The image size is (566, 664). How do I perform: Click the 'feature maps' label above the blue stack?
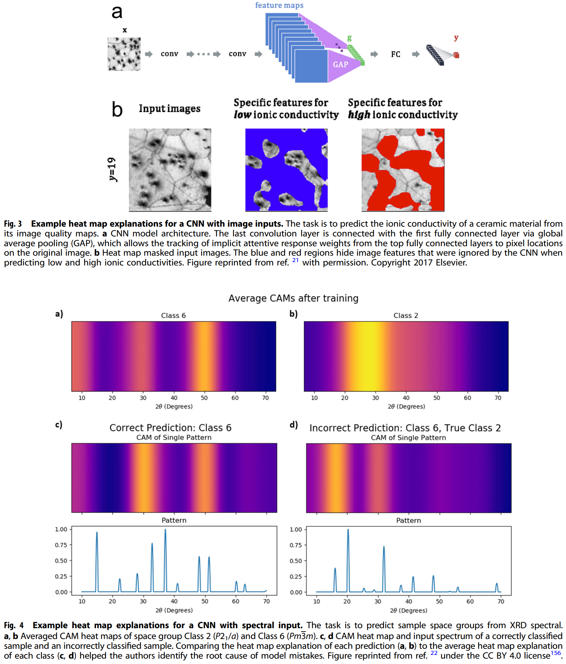tap(279, 5)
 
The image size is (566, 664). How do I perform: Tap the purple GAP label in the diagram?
tap(340, 65)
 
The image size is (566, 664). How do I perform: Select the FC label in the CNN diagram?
tap(395, 54)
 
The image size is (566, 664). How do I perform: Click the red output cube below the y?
tap(456, 55)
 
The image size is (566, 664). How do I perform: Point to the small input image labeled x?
tap(124, 54)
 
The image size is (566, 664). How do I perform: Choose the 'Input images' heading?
tap(169, 109)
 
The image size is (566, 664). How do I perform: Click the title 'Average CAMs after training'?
tap(293, 298)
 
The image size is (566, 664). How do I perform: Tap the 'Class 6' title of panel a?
tap(173, 315)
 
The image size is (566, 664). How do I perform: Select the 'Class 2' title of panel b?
tap(405, 315)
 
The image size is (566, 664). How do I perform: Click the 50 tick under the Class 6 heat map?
tap(204, 398)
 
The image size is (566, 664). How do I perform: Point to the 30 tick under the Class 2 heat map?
tap(375, 398)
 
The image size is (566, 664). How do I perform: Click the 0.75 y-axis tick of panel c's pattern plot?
tap(61, 545)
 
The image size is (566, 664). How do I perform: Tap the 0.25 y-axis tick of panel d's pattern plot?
tap(296, 577)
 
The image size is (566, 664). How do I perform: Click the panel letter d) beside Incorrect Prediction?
tap(294, 425)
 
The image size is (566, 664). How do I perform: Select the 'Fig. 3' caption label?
tap(13, 224)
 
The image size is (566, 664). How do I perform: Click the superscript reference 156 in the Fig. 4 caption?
tap(556, 653)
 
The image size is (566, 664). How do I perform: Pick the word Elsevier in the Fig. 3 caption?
tap(451, 262)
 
